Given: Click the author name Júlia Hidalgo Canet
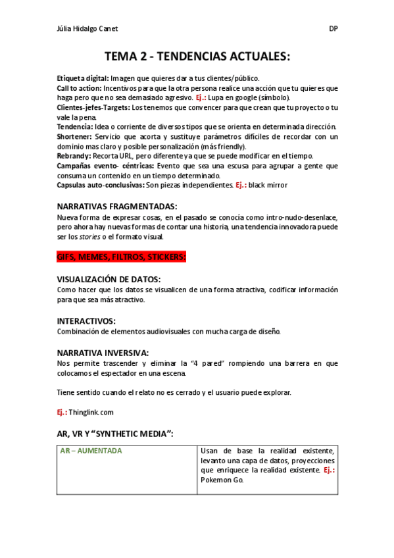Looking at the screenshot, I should tap(88, 29).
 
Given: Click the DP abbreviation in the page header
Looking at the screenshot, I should tap(333, 29).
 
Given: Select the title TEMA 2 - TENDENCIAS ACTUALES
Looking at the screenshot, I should tap(197, 57).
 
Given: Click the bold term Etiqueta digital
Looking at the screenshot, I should tap(82, 78).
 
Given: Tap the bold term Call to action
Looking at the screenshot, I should tap(79, 88).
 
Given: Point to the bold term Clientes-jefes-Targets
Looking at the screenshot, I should tap(93, 107).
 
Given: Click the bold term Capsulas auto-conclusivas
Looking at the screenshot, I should tap(101, 186).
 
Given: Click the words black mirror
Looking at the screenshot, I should tap(268, 186).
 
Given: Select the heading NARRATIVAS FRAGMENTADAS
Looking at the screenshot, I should tap(117, 207).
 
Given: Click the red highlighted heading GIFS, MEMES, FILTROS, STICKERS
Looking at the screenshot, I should tap(122, 257).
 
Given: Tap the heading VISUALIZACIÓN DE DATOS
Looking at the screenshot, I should tap(109, 280).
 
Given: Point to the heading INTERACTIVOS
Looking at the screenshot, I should tap(86, 321).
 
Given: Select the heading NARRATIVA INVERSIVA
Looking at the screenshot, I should tap(103, 353).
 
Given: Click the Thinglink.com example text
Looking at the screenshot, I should tap(91, 413).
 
